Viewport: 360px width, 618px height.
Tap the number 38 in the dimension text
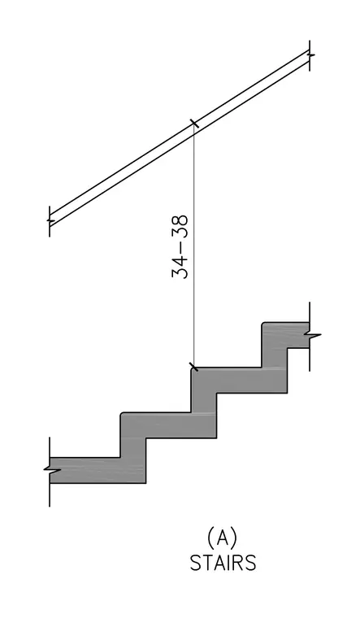click(x=180, y=227)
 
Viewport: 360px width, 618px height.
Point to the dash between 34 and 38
click(x=180, y=246)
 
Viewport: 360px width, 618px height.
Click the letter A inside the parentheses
click(x=223, y=537)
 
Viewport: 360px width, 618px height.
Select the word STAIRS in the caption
click(x=223, y=563)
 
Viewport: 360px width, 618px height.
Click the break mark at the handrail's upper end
click(x=310, y=55)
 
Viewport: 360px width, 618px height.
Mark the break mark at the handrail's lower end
click(x=50, y=220)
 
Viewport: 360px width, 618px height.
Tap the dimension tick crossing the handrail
click(x=194, y=124)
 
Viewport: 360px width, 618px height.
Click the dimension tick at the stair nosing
click(x=193, y=368)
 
